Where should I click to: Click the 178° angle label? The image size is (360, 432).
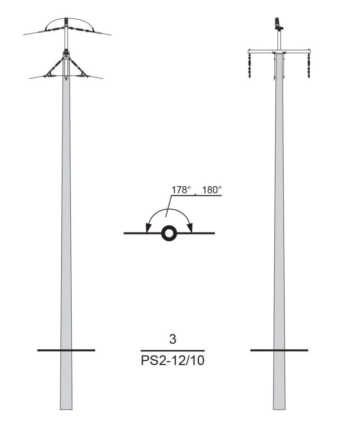pos(181,190)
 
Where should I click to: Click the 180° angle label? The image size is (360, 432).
pos(212,190)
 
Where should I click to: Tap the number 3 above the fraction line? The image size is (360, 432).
pos(172,339)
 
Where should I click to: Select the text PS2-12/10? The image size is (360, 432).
pos(172,360)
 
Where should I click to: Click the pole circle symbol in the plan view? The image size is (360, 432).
pos(169,233)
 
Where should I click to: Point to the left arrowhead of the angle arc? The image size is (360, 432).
pos(148,227)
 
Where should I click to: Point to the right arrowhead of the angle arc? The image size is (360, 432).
pos(190,227)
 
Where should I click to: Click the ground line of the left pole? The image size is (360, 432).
pos(66,350)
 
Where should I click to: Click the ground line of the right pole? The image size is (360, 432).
pos(279,350)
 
